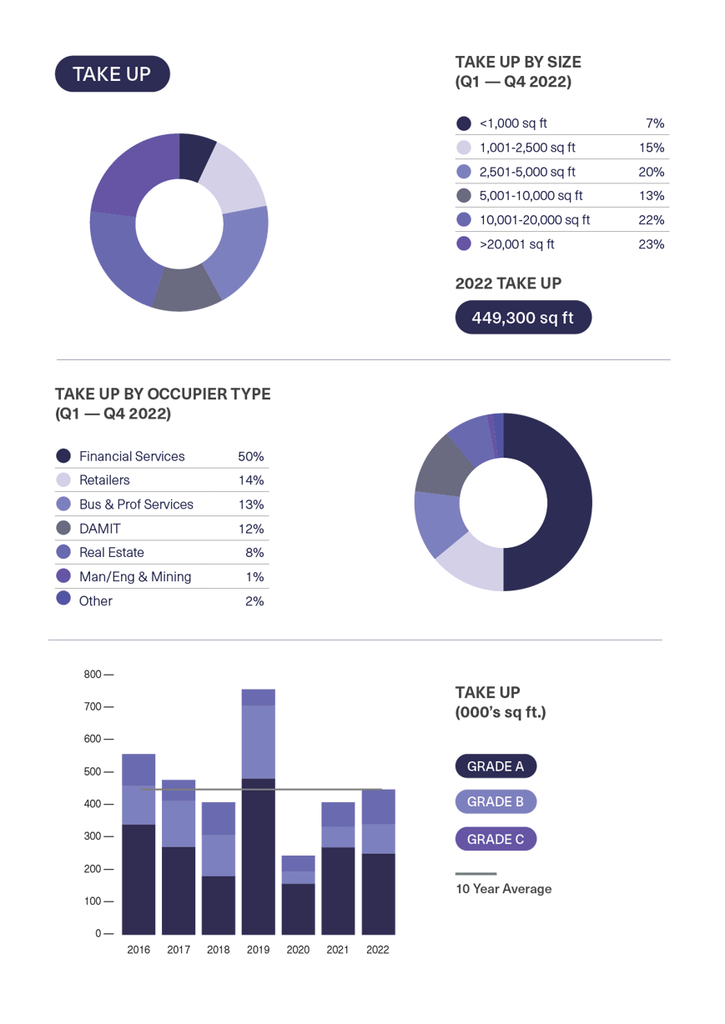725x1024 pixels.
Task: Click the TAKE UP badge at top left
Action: pyautogui.click(x=112, y=74)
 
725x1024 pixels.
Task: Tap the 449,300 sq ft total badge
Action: pyautogui.click(x=523, y=318)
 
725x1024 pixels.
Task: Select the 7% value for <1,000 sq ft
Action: pyautogui.click(x=654, y=123)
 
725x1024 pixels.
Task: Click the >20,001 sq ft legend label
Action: pyautogui.click(x=516, y=244)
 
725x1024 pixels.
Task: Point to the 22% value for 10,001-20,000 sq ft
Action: pyautogui.click(x=652, y=220)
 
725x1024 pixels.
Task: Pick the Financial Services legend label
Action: pyautogui.click(x=132, y=456)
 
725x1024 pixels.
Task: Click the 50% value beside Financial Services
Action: pyautogui.click(x=250, y=456)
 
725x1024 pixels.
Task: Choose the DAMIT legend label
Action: pyautogui.click(x=100, y=529)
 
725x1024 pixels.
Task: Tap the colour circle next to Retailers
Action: pyautogui.click(x=63, y=480)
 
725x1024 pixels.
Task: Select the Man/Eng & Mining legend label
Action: pyautogui.click(x=135, y=577)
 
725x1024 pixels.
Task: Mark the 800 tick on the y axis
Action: pyautogui.click(x=93, y=675)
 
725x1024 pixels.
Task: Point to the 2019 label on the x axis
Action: pyautogui.click(x=259, y=950)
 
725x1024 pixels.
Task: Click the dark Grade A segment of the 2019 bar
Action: pyautogui.click(x=259, y=859)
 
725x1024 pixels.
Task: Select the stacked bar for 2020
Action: pyautogui.click(x=298, y=895)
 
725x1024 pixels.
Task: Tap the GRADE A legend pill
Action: pyautogui.click(x=496, y=766)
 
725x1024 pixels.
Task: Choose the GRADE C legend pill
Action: pyautogui.click(x=496, y=839)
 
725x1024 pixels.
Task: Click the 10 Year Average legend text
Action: pyautogui.click(x=504, y=889)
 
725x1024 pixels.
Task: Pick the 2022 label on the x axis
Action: pyautogui.click(x=378, y=950)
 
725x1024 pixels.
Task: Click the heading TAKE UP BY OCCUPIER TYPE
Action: pyautogui.click(x=163, y=394)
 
